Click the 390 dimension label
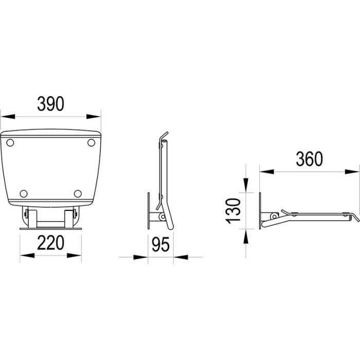coord(50,104)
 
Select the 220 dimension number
coord(50,243)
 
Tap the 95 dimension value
coord(160,244)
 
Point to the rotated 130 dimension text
coord(233,211)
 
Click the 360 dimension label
coord(309,159)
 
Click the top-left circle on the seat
coord(10,142)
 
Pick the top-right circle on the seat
coord(91,142)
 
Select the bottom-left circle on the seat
coord(24,193)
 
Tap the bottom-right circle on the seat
coord(78,193)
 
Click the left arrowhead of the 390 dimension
coord(8,117)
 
